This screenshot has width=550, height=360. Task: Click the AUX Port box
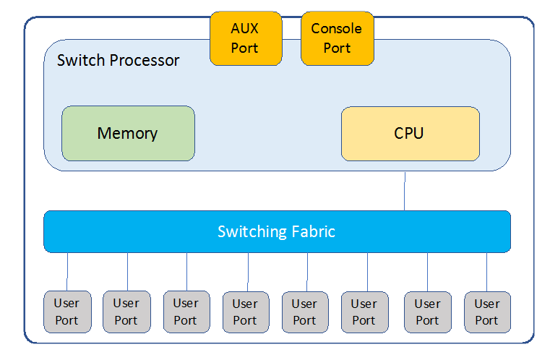click(245, 38)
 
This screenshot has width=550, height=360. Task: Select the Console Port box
click(337, 38)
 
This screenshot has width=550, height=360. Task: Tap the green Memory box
click(128, 134)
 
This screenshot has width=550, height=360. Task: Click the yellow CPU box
click(410, 134)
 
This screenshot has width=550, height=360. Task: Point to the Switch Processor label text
click(119, 60)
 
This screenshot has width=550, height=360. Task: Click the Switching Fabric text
click(277, 232)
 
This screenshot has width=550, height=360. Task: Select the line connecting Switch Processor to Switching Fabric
click(405, 191)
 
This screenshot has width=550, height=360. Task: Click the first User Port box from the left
click(67, 312)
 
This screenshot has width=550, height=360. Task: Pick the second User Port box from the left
click(126, 312)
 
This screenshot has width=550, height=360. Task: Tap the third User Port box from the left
click(186, 312)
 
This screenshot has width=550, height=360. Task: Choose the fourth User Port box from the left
click(245, 312)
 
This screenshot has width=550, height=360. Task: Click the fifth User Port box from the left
click(304, 312)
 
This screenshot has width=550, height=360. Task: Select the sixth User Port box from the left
click(364, 312)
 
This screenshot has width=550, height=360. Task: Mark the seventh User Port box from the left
click(427, 312)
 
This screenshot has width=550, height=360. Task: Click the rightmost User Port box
click(486, 312)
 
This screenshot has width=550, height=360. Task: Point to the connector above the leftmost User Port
click(68, 272)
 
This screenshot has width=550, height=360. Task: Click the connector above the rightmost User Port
click(486, 272)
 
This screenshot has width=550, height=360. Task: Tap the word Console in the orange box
click(337, 29)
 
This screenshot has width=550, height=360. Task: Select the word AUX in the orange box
click(245, 29)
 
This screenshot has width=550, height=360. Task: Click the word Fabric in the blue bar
click(313, 232)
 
